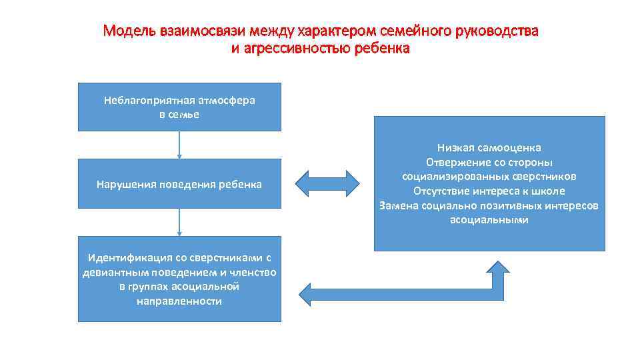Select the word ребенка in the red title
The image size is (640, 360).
pos(382,49)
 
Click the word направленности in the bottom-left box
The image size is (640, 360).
pos(179,301)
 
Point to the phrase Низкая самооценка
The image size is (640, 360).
pos(489,147)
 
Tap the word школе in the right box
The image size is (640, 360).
pos(548,191)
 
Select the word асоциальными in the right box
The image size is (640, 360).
pos(489,220)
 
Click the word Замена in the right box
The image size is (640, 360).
pos(399,205)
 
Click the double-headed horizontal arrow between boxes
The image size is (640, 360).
pos(327,183)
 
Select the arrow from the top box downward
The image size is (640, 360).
pos(179,145)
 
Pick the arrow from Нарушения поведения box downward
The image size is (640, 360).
pos(179,221)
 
